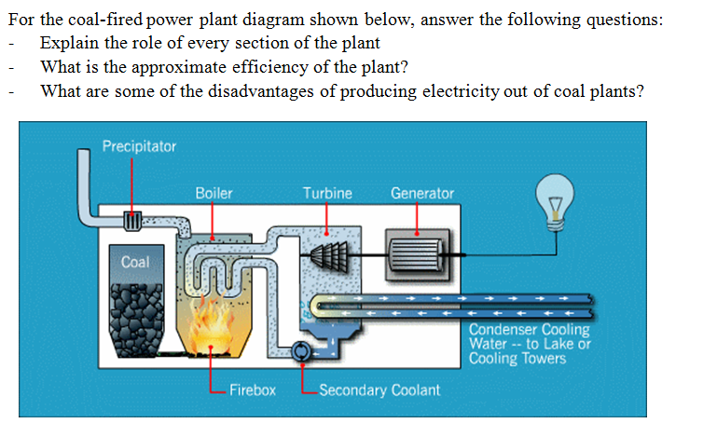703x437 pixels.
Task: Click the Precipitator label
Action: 139,146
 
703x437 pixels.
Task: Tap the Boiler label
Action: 214,194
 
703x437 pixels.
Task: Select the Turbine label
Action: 327,194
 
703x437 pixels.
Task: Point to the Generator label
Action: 422,194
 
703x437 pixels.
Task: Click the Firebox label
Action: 253,389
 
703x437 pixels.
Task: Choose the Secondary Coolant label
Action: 379,389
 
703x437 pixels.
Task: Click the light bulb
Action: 557,204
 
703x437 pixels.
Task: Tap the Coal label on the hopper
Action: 135,263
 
